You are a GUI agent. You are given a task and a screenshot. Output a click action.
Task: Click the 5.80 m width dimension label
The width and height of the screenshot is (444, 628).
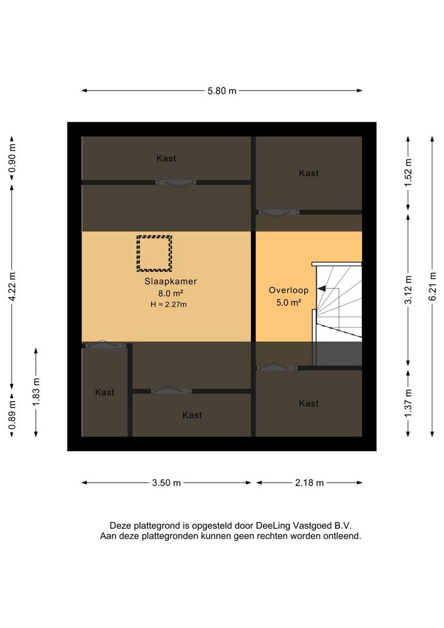click(222, 91)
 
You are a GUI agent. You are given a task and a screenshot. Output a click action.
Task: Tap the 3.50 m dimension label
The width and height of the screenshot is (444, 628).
click(166, 483)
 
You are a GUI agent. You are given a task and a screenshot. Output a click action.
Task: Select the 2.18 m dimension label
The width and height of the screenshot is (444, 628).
click(309, 483)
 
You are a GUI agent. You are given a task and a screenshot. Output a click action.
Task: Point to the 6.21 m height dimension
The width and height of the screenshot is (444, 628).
click(432, 287)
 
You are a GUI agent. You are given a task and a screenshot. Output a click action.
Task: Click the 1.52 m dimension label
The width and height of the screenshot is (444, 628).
click(408, 173)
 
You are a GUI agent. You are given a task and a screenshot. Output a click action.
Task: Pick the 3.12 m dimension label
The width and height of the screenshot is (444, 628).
click(408, 290)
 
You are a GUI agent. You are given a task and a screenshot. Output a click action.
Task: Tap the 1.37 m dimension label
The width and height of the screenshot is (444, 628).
click(408, 404)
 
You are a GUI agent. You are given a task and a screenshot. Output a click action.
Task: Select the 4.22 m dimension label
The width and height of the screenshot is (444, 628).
click(12, 287)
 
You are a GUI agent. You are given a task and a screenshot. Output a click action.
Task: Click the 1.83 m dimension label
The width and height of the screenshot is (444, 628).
click(36, 392)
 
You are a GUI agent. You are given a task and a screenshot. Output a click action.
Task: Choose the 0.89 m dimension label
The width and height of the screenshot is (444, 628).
click(12, 415)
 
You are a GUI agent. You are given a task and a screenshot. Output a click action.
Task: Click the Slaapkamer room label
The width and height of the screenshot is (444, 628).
click(170, 281)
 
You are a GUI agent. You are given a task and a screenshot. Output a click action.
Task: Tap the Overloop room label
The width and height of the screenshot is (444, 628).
click(288, 290)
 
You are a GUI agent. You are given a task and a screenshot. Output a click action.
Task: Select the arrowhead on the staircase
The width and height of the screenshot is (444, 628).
click(321, 288)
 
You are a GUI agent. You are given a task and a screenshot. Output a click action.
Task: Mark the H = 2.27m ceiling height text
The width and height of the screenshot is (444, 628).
click(169, 304)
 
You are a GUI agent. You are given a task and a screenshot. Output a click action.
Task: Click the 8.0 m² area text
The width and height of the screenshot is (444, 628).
click(170, 293)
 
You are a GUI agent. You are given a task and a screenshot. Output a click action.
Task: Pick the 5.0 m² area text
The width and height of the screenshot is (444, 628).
click(288, 302)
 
